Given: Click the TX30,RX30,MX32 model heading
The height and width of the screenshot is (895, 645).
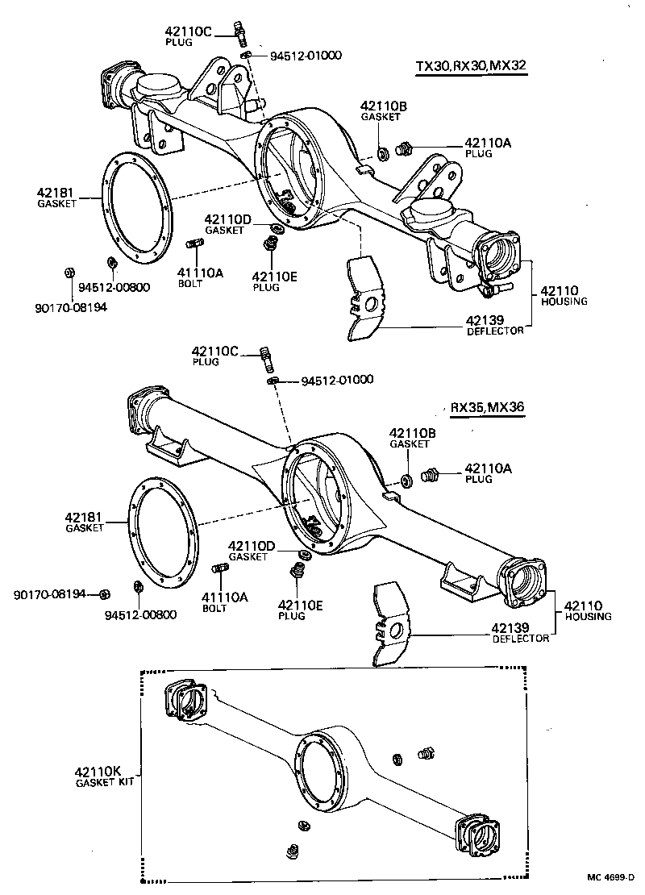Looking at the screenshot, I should click(471, 66).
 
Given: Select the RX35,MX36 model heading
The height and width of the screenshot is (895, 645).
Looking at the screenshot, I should click(487, 407).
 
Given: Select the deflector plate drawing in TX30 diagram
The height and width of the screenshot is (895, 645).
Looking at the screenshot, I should click(367, 299).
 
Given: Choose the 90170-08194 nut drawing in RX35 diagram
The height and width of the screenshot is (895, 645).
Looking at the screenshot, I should click(104, 595).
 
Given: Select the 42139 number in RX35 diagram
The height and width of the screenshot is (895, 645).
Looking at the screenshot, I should click(510, 627).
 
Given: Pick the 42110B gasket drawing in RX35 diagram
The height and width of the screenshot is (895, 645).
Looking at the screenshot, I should click(407, 481).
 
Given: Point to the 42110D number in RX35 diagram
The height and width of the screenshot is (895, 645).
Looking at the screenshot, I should click(252, 546).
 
